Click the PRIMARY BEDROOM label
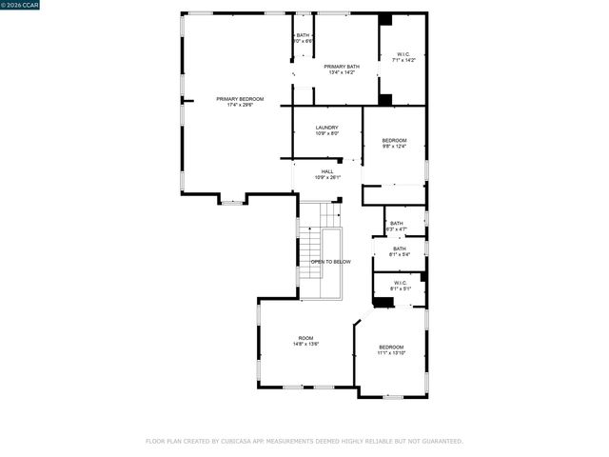coord(239,99)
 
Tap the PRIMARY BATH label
coord(341,66)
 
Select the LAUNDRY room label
coord(326,127)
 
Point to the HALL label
coord(326,171)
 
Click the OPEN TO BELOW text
coord(330,262)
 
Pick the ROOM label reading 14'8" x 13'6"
coord(305,338)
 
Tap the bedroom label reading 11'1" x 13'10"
coord(391,347)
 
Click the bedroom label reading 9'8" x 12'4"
coord(394,140)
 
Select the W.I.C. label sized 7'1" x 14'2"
coord(403,55)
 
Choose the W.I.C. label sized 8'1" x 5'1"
coord(400,283)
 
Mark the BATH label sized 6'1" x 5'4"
coord(400,248)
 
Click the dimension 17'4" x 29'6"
coord(239,105)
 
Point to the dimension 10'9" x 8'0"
coord(326,133)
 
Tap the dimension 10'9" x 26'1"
coord(326,178)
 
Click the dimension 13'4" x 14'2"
coord(341,72)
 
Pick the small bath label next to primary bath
coord(304,38)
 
